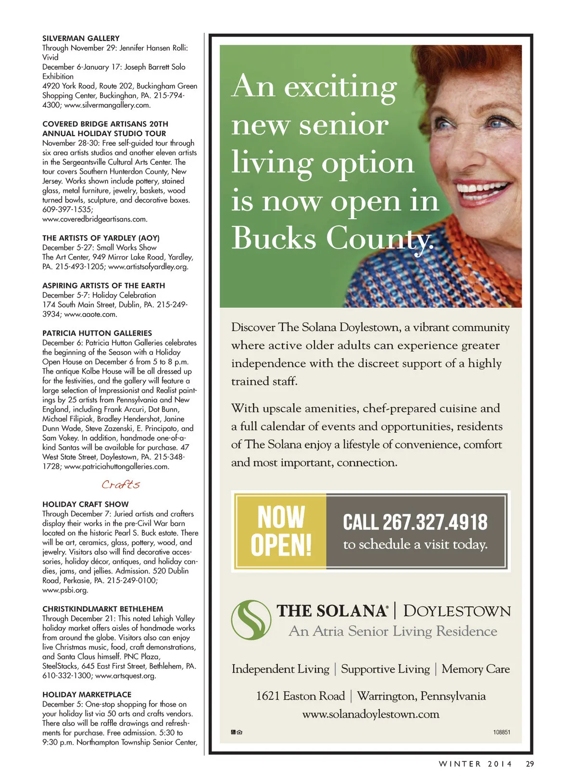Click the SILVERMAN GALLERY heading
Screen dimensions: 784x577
(81, 38)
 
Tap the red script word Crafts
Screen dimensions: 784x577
(121, 485)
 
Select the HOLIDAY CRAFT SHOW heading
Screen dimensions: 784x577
(86, 504)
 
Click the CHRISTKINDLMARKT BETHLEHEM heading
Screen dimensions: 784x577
(103, 609)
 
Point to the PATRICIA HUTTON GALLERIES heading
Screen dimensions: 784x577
(97, 333)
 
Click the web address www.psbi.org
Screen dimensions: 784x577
(65, 590)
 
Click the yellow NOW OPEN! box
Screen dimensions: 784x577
(281, 531)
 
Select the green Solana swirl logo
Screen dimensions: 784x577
(251, 620)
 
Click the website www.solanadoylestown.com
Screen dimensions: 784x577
(371, 714)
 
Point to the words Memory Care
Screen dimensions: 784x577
(476, 669)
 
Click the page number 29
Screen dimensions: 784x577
(530, 764)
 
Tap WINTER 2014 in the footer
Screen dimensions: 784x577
(475, 764)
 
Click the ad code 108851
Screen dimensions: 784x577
(502, 732)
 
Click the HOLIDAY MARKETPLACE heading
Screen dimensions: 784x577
(87, 695)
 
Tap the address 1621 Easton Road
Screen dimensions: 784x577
(301, 696)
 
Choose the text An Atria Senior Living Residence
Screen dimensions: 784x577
(393, 631)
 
